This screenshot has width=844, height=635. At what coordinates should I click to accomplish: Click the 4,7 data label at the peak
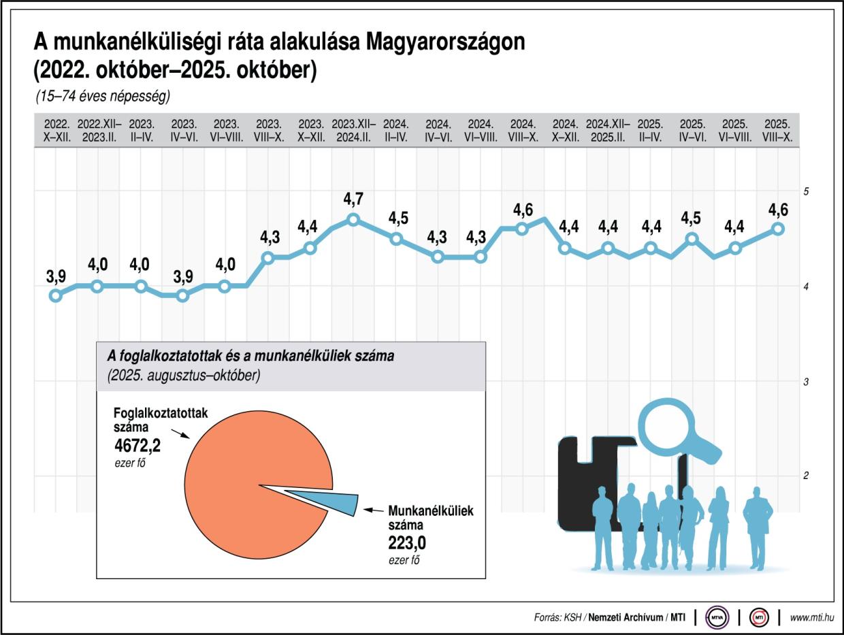[353, 199]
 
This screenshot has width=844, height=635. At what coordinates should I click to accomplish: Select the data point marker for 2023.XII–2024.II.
[353, 219]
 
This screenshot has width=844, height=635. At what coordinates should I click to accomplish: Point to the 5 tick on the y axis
[805, 193]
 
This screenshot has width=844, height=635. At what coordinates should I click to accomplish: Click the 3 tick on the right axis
[805, 382]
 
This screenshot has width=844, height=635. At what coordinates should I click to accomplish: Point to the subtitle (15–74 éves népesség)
[102, 96]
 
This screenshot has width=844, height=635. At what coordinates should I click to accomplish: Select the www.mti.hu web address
[811, 617]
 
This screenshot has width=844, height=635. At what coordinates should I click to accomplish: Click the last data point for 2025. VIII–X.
[778, 229]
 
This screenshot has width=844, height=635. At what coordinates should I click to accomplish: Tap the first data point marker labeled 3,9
[56, 295]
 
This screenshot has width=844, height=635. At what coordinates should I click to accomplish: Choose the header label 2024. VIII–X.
[523, 130]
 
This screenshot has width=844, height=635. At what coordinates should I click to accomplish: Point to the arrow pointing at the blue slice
[374, 510]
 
